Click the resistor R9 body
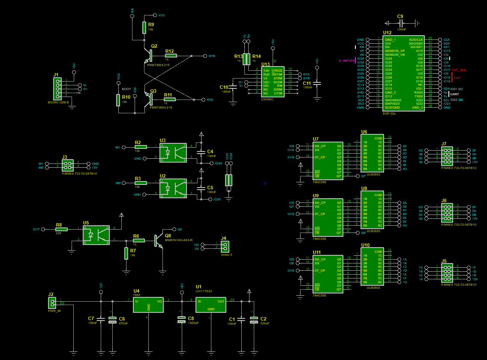144,28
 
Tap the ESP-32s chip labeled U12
403,73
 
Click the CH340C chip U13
272,82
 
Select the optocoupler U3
173,152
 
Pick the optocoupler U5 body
96,234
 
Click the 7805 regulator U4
148,304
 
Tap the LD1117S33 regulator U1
211,304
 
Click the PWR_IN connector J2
51,303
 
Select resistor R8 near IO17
61,230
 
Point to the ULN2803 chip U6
372,154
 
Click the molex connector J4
224,246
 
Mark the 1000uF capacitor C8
181,320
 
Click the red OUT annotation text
457,78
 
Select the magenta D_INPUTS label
346,61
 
